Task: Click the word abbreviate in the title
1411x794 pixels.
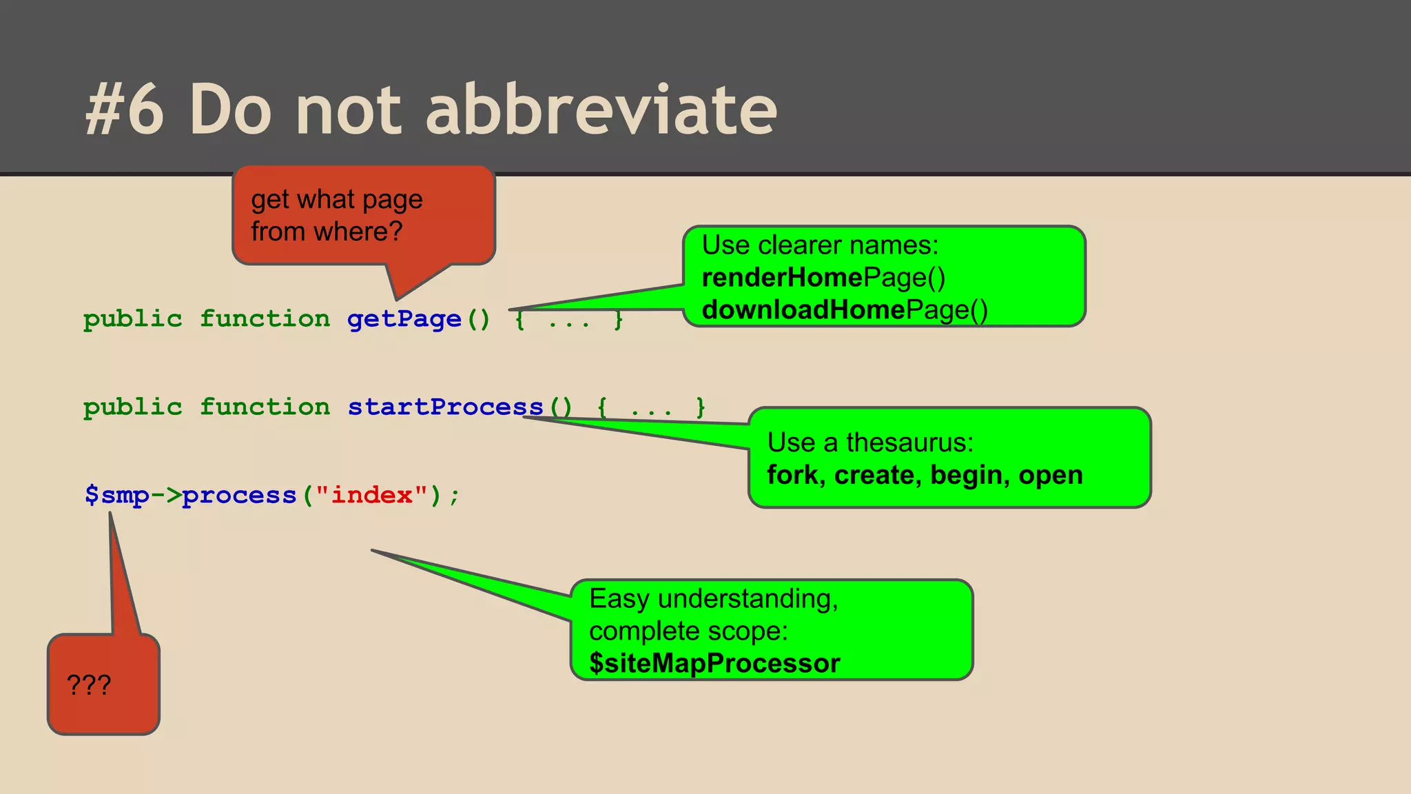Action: point(601,109)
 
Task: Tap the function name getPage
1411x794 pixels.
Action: point(404,319)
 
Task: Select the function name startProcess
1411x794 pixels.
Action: point(445,407)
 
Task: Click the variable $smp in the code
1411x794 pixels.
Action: point(116,495)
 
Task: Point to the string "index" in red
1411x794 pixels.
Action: point(371,495)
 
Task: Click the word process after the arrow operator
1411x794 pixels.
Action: point(239,495)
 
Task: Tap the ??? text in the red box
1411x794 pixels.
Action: point(89,684)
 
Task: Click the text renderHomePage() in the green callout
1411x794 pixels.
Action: point(823,278)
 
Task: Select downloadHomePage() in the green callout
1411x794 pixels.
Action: point(845,310)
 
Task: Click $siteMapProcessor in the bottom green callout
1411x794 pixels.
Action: point(714,663)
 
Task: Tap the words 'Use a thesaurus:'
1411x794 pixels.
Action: point(870,442)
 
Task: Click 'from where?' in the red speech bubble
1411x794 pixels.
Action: point(327,232)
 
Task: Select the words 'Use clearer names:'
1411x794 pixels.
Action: point(820,245)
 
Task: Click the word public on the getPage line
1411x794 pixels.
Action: point(133,319)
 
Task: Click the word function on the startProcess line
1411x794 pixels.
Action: point(265,407)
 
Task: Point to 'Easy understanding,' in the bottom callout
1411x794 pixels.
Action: point(713,598)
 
